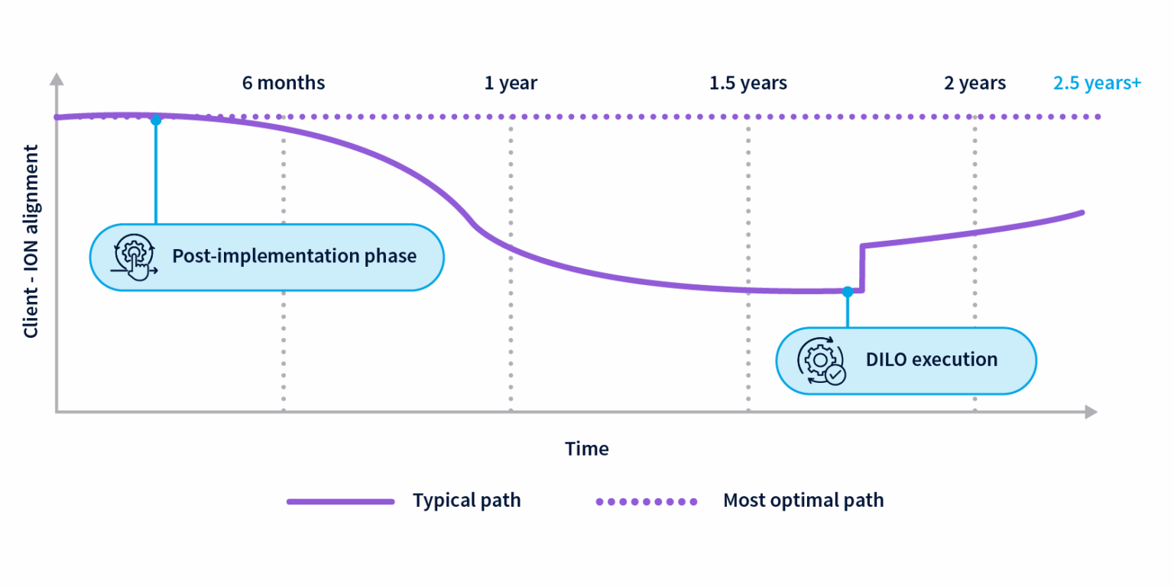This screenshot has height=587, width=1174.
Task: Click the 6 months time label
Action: coord(284,83)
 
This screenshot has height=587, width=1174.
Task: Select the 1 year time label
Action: coord(511,83)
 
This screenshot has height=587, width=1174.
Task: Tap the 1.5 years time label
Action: coord(748,83)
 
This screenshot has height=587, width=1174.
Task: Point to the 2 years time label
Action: coord(975,83)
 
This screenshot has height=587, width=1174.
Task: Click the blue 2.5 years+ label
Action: coord(1097,83)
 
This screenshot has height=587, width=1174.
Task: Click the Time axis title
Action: coord(587,449)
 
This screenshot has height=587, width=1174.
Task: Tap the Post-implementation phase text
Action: coord(294,255)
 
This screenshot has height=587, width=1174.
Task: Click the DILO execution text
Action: coord(931,359)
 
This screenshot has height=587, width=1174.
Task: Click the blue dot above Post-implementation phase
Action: coord(156,120)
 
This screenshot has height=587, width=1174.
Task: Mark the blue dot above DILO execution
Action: coord(847,291)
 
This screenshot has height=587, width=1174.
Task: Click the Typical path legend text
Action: coord(466,501)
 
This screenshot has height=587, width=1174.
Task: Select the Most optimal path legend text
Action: coord(803,501)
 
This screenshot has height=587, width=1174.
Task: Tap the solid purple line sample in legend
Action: coord(340,501)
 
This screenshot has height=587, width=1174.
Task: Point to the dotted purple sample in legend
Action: coord(647,501)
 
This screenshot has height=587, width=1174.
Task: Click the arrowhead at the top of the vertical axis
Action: coord(56,79)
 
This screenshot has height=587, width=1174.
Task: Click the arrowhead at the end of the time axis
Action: coord(1091,412)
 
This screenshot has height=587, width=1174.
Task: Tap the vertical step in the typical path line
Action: coord(862,268)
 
